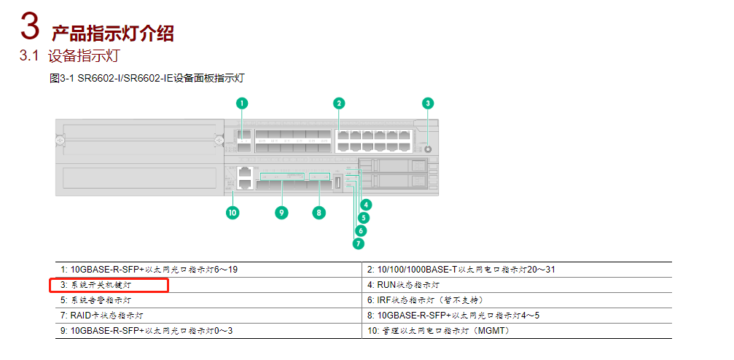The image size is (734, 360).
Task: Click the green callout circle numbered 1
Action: point(242,103)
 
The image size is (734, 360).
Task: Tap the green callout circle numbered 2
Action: point(339,103)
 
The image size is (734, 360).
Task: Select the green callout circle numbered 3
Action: point(428,103)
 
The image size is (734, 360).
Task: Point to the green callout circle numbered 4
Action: point(365,206)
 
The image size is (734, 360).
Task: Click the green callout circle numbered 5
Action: point(363,217)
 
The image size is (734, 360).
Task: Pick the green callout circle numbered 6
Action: point(361,230)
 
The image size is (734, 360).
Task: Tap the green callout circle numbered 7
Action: point(358,243)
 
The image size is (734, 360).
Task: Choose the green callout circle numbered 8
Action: point(318,213)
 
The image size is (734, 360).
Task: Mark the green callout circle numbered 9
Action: point(281,213)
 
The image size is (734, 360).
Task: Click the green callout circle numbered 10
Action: point(233,213)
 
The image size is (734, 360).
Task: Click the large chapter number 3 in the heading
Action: point(28,28)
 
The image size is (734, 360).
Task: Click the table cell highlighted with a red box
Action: point(109,285)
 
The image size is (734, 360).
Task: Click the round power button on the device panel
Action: point(428,149)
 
